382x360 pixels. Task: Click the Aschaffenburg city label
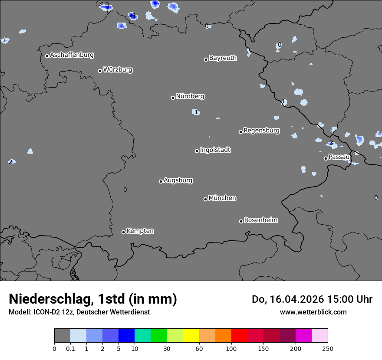(72, 55)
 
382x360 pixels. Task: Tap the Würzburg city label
(118, 70)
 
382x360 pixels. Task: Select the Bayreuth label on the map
(223, 58)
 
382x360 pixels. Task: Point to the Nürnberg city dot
(173, 98)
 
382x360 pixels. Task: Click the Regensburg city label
(261, 131)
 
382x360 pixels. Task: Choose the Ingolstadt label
(215, 150)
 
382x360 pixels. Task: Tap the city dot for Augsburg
(161, 181)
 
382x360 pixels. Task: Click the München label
(222, 198)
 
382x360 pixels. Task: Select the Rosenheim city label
(260, 220)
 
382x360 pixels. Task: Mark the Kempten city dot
(123, 232)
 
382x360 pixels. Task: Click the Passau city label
(339, 157)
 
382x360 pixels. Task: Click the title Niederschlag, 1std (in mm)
(93, 299)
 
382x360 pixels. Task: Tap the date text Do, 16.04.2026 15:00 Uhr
(312, 299)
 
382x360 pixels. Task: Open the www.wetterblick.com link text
(313, 312)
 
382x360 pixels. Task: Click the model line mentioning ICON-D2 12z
(79, 312)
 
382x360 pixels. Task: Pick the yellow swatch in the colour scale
(191, 336)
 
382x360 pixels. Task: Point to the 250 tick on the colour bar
(328, 349)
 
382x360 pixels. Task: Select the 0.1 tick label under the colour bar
(70, 349)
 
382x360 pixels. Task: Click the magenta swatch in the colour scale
(303, 336)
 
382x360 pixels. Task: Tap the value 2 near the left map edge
(10, 162)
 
